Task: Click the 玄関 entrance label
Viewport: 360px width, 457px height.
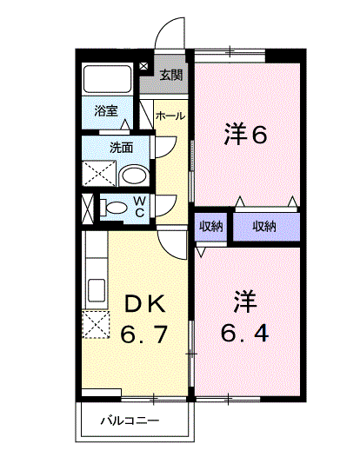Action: (x=171, y=76)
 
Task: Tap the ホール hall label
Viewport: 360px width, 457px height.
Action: (x=170, y=116)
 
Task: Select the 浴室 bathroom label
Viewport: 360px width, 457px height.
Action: (x=106, y=111)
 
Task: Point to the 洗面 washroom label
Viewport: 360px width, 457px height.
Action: (x=122, y=148)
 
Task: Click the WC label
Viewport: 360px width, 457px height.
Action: (x=140, y=207)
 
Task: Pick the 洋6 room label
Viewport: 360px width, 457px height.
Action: (x=245, y=135)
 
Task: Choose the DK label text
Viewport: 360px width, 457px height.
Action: (x=144, y=304)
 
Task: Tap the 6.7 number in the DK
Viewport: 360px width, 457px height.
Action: (x=144, y=334)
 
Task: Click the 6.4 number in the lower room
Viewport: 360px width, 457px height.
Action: (x=244, y=333)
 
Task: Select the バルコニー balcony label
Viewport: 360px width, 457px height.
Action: (x=130, y=421)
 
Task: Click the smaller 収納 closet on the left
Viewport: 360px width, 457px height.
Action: (x=211, y=226)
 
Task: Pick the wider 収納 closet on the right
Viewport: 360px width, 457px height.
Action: (x=266, y=227)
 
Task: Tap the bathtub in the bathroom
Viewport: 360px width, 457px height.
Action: (x=107, y=79)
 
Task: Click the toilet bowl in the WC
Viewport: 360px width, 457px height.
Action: (x=114, y=208)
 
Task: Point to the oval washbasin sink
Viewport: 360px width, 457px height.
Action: (x=134, y=176)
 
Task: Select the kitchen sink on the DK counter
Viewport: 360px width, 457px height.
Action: (x=97, y=290)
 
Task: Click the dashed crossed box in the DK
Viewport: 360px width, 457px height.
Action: (x=96, y=324)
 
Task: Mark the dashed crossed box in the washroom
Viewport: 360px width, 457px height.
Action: (x=99, y=173)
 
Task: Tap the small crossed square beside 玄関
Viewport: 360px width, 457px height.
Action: (x=143, y=66)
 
